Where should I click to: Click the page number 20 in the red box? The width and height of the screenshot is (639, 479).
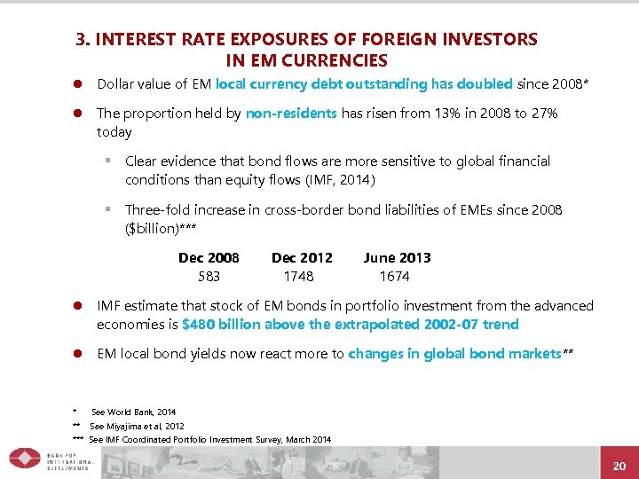tap(619, 466)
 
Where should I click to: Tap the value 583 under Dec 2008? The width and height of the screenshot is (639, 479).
tap(209, 276)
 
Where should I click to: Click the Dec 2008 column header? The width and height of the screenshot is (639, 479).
tap(209, 258)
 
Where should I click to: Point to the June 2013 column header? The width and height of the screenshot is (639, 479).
tap(397, 258)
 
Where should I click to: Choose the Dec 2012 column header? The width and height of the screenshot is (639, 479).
tap(302, 258)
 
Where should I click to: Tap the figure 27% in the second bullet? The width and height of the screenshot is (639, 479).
tap(544, 114)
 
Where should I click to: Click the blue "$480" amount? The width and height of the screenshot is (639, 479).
tap(197, 324)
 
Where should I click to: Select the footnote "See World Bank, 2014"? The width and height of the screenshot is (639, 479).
tap(133, 412)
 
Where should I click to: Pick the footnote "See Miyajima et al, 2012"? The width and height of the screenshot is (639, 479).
tap(137, 426)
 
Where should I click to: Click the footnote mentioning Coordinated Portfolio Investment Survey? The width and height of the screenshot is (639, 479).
tap(209, 439)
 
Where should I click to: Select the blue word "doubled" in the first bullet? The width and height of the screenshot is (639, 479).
tap(484, 84)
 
